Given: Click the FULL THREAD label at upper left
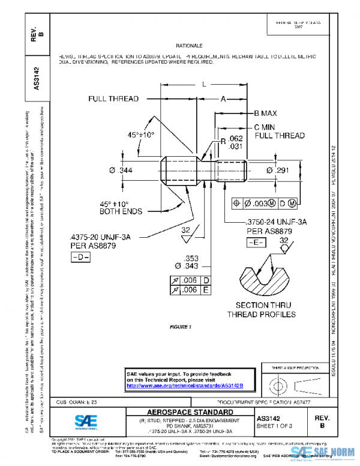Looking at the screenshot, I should pos(113,98).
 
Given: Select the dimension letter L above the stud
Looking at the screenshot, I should pos(205,85).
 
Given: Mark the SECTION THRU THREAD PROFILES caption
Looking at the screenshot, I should pos(261,310).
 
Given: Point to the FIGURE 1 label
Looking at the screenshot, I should pos(180,327).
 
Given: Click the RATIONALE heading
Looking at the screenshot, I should pos(190,46).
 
